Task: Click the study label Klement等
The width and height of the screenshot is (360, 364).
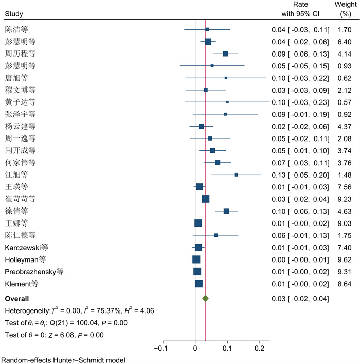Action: [x=21, y=283]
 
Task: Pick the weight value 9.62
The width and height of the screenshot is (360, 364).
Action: [x=343, y=259]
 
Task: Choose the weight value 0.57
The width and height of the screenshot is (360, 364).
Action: [x=343, y=102]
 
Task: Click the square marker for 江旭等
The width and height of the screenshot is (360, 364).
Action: [x=236, y=175]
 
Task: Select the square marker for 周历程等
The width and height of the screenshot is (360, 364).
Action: [x=225, y=54]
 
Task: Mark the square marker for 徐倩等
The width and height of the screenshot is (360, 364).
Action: [x=226, y=211]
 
